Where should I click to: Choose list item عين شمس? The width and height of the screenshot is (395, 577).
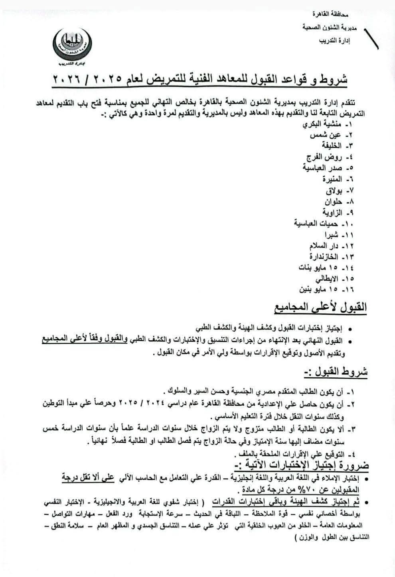(325, 135)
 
